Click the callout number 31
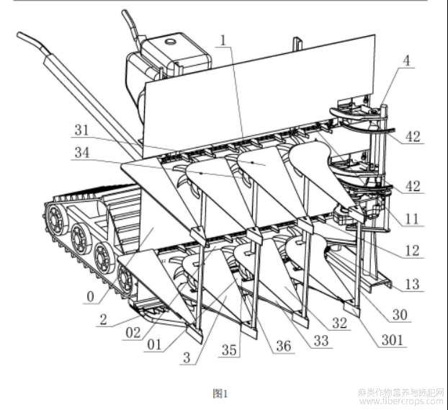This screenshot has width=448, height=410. tap(82, 130)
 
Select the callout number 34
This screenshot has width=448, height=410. tap(82, 152)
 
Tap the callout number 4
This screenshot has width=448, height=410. tap(406, 61)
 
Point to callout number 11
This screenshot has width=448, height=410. tap(412, 219)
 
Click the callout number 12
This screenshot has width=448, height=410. tap(412, 251)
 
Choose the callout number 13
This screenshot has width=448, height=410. tap(412, 284)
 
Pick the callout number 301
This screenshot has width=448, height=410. tap(393, 340)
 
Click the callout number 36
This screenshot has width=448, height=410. tap(284, 346)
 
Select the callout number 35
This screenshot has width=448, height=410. tap(229, 350)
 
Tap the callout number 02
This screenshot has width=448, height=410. tap(133, 333)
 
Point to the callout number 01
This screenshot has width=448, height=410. tap(154, 344)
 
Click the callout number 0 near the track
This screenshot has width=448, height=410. tap(90, 296)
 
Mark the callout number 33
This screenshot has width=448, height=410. tap(321, 341)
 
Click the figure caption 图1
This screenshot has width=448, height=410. tap(220, 393)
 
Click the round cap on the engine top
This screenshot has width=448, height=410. tap(171, 42)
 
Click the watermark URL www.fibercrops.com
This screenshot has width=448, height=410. tap(401, 401)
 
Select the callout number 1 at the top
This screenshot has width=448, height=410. tap(224, 40)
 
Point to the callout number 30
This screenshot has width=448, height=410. tap(400, 314)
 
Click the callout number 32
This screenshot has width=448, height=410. tap(340, 323)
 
